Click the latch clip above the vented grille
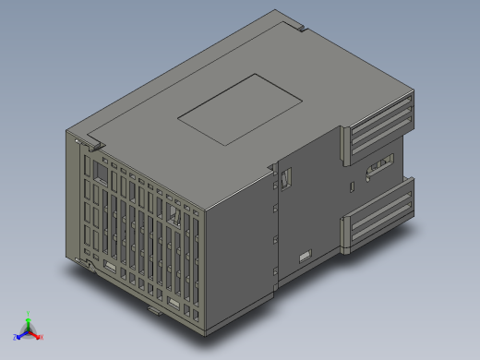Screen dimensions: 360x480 point(90,143)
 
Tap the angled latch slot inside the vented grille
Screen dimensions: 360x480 point(175,218)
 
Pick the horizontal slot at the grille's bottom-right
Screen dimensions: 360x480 point(174,304)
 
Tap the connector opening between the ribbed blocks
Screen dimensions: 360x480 point(379,169)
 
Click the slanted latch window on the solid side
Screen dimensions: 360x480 point(286,178)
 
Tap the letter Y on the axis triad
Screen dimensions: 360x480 point(30,313)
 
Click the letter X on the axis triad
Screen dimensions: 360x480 point(42,336)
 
